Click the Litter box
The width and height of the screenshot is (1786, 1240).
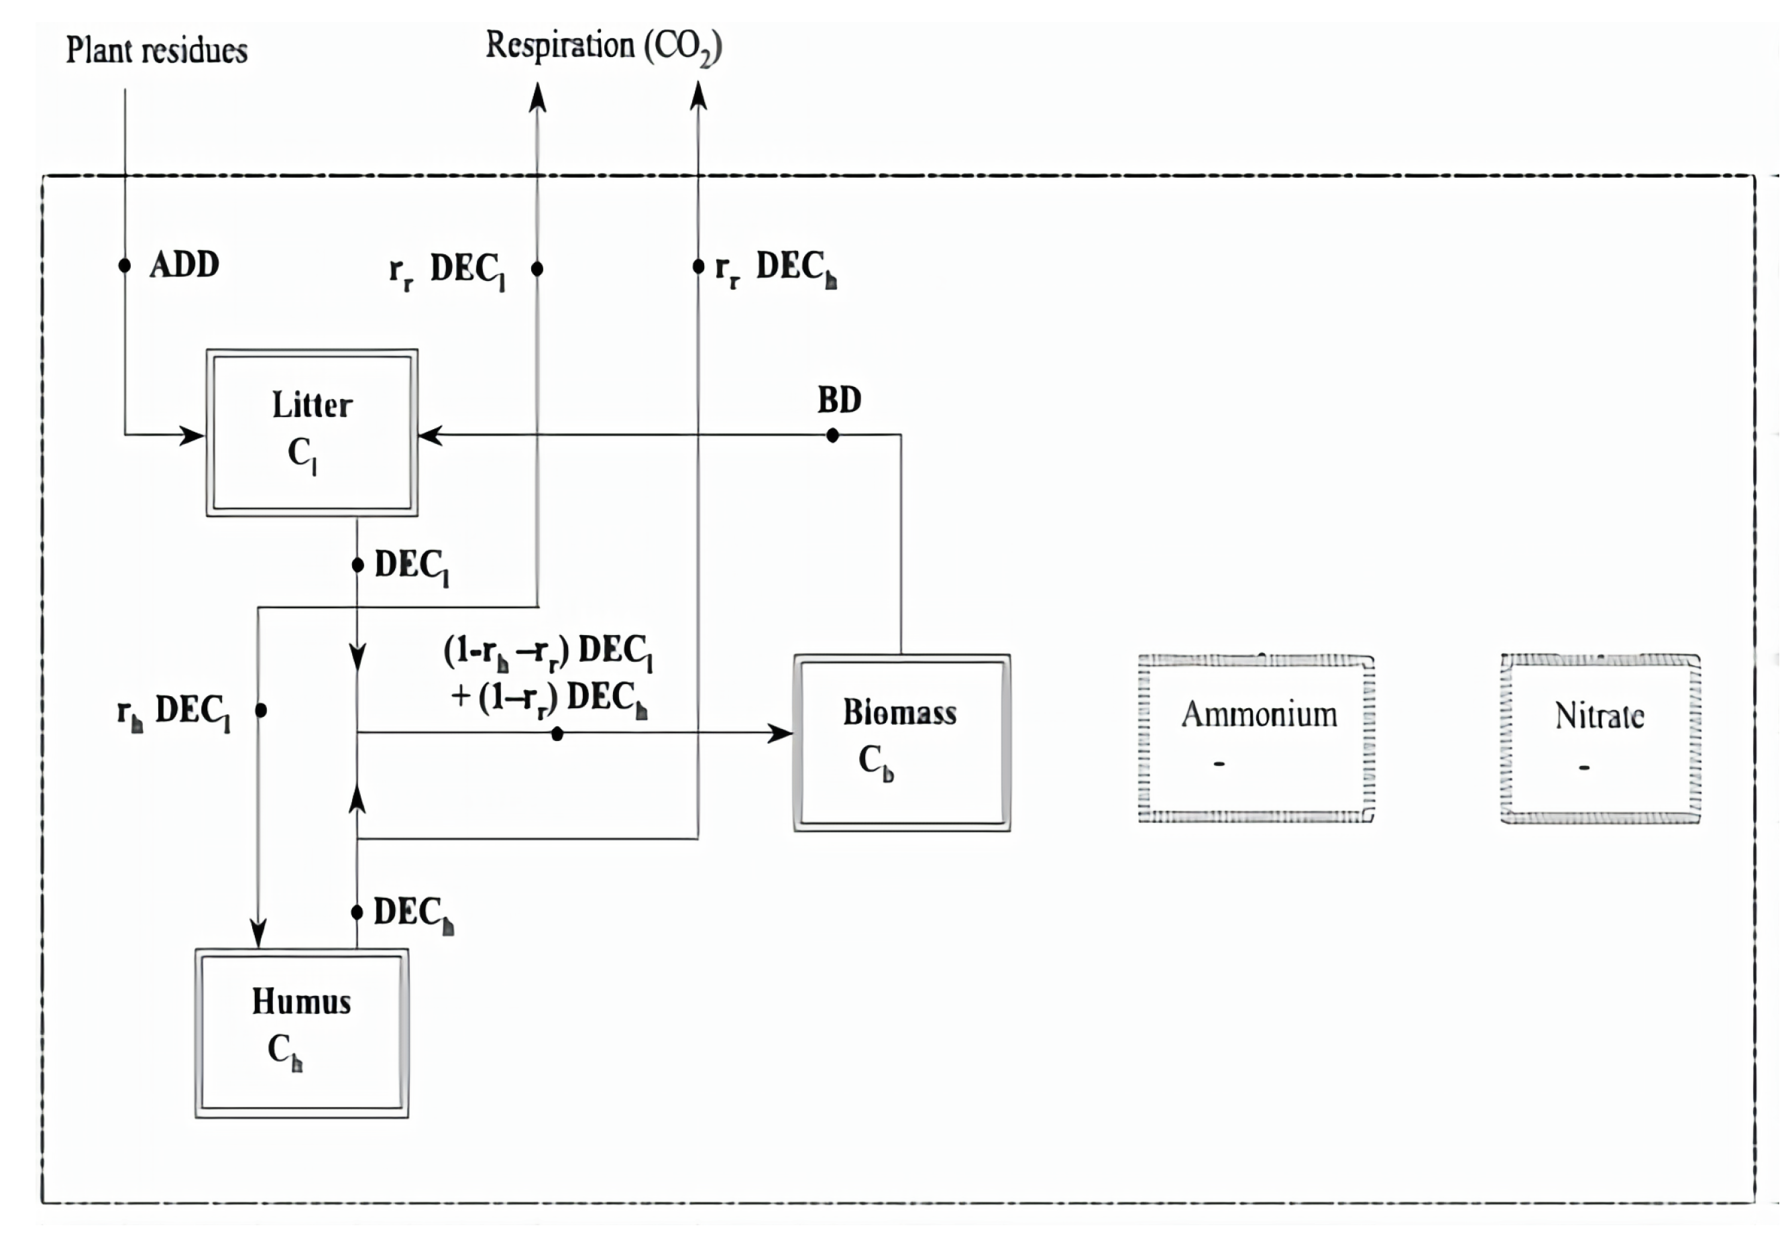point(311,432)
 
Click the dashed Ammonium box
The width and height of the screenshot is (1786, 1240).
point(1255,738)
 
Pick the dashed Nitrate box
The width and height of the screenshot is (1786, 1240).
point(1600,738)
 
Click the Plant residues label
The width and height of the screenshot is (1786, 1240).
point(156,50)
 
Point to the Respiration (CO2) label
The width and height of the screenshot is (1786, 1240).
point(603,47)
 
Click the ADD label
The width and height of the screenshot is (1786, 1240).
point(184,265)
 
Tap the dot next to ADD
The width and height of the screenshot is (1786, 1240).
point(124,266)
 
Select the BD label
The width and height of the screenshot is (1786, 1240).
point(839,400)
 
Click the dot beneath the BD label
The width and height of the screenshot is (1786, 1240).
point(832,436)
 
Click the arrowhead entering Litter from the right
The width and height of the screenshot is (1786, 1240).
point(430,435)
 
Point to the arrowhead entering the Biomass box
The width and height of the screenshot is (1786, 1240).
point(779,732)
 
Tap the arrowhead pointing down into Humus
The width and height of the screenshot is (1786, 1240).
point(258,933)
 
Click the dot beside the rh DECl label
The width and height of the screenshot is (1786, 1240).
point(261,710)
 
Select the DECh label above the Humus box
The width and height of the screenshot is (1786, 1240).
point(412,912)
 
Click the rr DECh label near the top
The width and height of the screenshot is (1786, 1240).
point(775,268)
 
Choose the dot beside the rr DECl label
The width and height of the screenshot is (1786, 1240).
point(537,269)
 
